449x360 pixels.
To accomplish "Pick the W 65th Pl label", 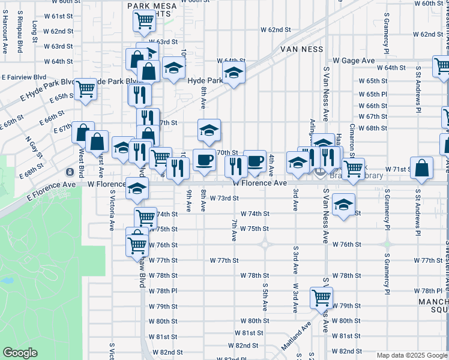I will (373, 94).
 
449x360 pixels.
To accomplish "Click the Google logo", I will (20, 353).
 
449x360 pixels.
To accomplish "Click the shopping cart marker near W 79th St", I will (321, 296).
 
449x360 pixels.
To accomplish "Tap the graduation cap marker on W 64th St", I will (234, 74).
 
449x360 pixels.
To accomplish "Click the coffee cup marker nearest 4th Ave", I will (255, 160).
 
